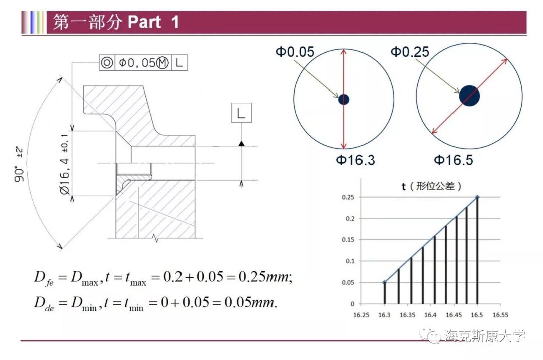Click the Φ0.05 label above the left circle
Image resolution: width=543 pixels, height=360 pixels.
[x=295, y=52]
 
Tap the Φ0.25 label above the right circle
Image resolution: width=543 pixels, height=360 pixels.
[x=410, y=52]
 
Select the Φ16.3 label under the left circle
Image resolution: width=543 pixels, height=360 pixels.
[x=355, y=160]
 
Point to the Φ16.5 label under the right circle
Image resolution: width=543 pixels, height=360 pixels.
[x=454, y=160]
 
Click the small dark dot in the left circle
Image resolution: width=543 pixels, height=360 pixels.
[x=344, y=100]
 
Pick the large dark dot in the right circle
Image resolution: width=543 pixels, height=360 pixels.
[x=469, y=96]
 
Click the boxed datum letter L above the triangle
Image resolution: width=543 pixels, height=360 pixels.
[x=241, y=113]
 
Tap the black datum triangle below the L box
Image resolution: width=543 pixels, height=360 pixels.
[x=241, y=143]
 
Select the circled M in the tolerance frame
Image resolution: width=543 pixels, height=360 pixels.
[x=162, y=63]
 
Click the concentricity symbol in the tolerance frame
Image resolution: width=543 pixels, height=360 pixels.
[x=107, y=63]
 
